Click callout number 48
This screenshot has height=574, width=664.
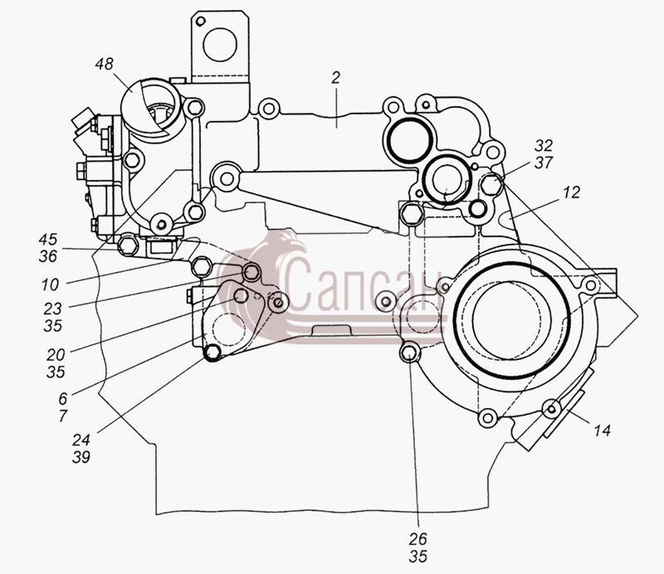click(105, 64)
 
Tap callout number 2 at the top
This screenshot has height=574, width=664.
click(335, 78)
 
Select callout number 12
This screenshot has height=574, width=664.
click(571, 192)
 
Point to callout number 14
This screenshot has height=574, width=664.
click(602, 430)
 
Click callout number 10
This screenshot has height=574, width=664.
click(50, 285)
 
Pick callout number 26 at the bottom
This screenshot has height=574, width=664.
click(418, 539)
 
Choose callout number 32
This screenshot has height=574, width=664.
click(544, 146)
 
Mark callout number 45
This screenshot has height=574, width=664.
click(48, 239)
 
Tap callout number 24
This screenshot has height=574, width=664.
click(81, 440)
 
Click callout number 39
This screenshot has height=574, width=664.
click(81, 457)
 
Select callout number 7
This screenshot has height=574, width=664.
click(63, 416)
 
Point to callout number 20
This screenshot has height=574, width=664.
click(56, 355)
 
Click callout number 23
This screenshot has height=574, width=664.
click(52, 309)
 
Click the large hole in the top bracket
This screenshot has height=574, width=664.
click(219, 45)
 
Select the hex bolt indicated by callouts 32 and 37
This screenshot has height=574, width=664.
click(491, 184)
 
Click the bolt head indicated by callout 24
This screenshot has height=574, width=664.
click(212, 353)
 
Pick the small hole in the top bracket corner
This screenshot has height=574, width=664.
click(201, 21)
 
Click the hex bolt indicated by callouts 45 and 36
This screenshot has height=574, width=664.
click(128, 245)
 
